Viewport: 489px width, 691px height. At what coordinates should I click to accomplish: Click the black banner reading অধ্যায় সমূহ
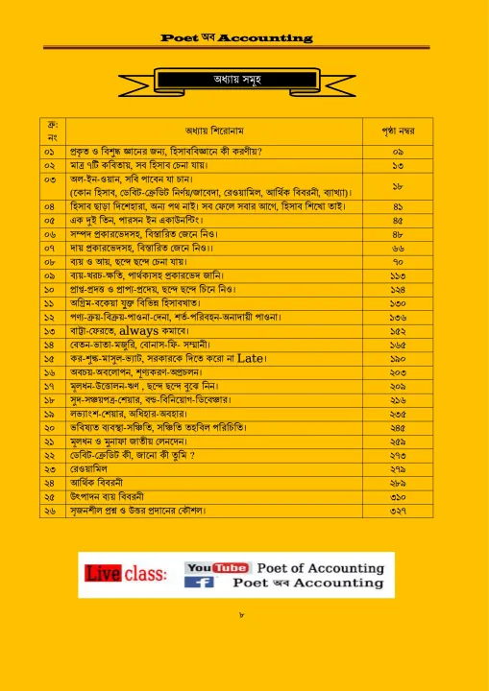pyautogui.click(x=244, y=78)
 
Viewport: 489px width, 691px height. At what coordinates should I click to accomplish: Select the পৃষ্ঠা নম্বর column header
pyautogui.click(x=397, y=131)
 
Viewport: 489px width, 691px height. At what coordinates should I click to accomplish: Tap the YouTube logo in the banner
pyautogui.click(x=216, y=568)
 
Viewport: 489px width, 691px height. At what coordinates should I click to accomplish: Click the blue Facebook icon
pyautogui.click(x=199, y=583)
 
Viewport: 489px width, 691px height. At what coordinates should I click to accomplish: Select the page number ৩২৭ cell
pyautogui.click(x=397, y=511)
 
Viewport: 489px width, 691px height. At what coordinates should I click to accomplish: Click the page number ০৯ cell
pyautogui.click(x=397, y=152)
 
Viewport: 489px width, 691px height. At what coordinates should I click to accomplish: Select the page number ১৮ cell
pyautogui.click(x=397, y=185)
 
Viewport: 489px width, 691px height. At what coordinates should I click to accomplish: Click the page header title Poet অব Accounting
pyautogui.click(x=236, y=37)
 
